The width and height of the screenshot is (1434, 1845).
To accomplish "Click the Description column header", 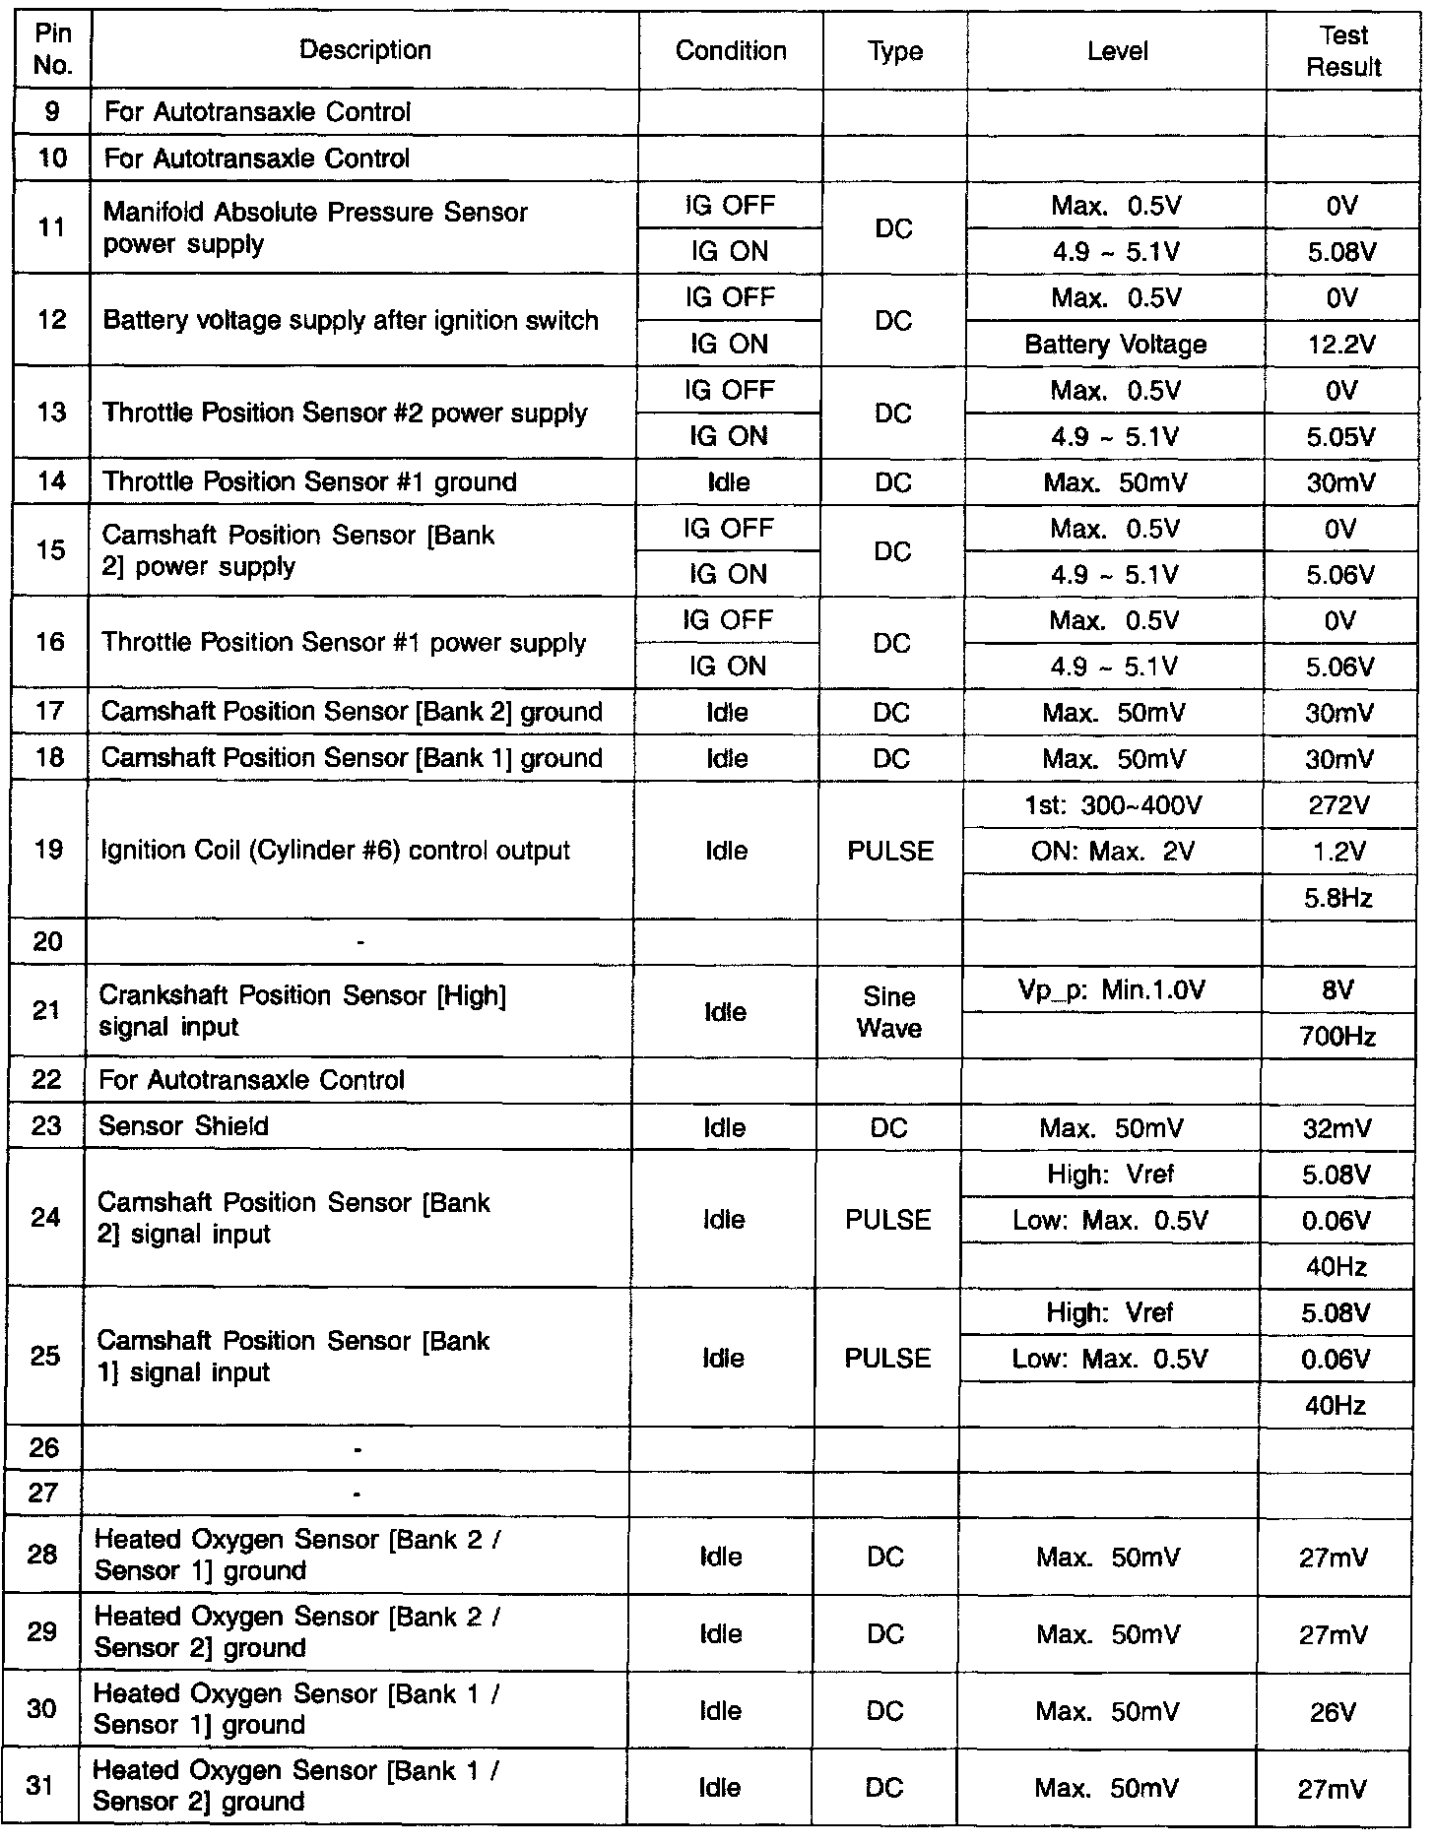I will click(x=365, y=50).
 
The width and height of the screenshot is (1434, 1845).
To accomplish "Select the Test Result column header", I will click(x=1343, y=51).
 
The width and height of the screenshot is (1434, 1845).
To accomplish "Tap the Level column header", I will click(x=1117, y=51).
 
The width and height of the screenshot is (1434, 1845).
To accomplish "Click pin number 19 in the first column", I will click(x=48, y=850).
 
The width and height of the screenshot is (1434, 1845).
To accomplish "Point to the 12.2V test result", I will click(x=1341, y=345).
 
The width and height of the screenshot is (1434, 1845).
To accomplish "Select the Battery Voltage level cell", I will click(x=1115, y=345).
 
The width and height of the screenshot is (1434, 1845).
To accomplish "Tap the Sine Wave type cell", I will click(x=888, y=1012).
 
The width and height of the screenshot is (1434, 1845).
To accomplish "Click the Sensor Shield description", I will click(x=183, y=1126).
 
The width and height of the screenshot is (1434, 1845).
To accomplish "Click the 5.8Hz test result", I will click(x=1338, y=898).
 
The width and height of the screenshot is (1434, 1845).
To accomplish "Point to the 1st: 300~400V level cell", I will click(x=1113, y=806).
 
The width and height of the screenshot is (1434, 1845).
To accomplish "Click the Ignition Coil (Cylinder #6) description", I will click(x=335, y=851).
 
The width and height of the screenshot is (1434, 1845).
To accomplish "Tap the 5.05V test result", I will click(x=1341, y=437).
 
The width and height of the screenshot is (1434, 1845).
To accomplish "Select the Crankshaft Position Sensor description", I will click(x=301, y=1011).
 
